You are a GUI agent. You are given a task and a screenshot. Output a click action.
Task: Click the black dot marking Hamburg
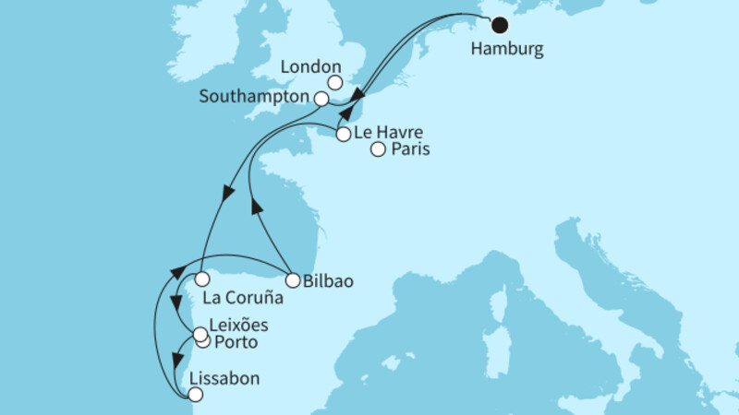[x=500, y=25]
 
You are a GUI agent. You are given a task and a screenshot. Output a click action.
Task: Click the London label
[x=311, y=67]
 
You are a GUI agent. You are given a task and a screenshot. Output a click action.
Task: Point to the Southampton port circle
[x=321, y=98]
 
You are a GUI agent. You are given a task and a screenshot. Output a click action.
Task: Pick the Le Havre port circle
[x=344, y=135]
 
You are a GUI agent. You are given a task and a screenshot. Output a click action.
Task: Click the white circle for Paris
[x=378, y=150]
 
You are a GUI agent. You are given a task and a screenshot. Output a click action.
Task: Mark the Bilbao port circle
[x=292, y=280]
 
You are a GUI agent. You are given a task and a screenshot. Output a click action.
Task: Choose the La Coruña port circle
[x=200, y=278]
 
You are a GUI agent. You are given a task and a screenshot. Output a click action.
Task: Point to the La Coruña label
[x=241, y=299]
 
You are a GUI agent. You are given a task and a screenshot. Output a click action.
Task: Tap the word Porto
[x=235, y=343]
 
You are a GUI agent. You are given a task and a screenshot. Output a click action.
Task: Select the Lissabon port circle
[x=194, y=394]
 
